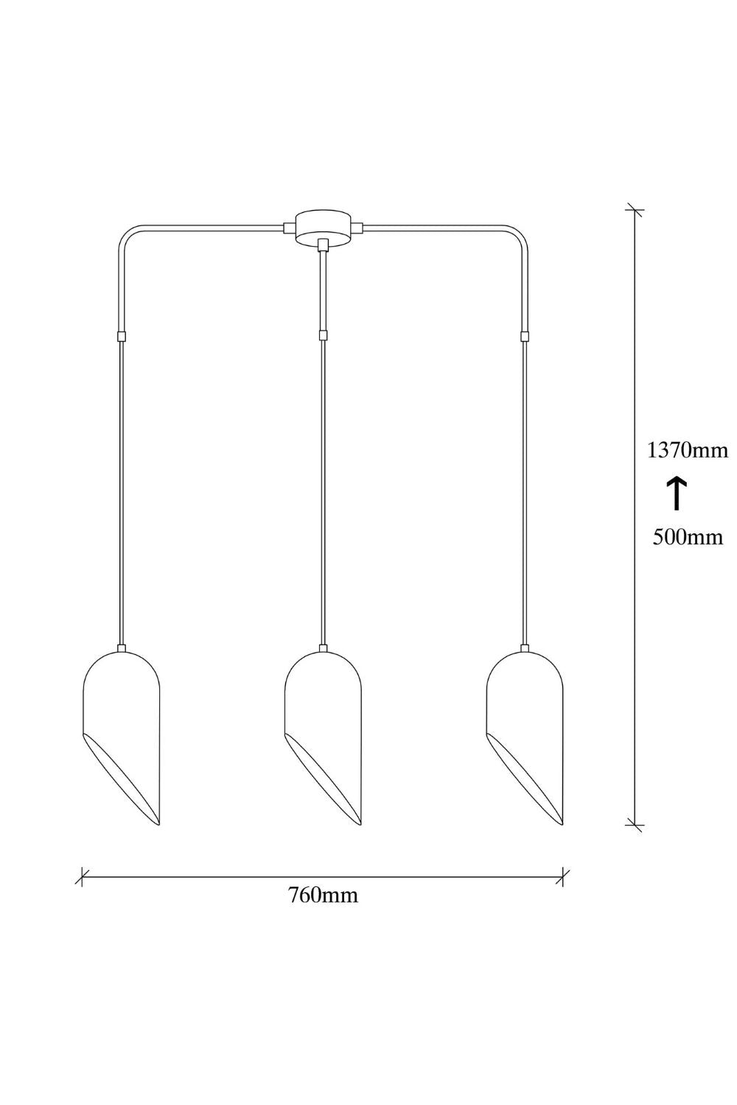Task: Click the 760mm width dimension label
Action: (323, 894)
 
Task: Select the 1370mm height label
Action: (688, 450)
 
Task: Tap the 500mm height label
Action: (688, 537)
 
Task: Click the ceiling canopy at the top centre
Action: (323, 227)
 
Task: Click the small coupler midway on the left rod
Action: (122, 337)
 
